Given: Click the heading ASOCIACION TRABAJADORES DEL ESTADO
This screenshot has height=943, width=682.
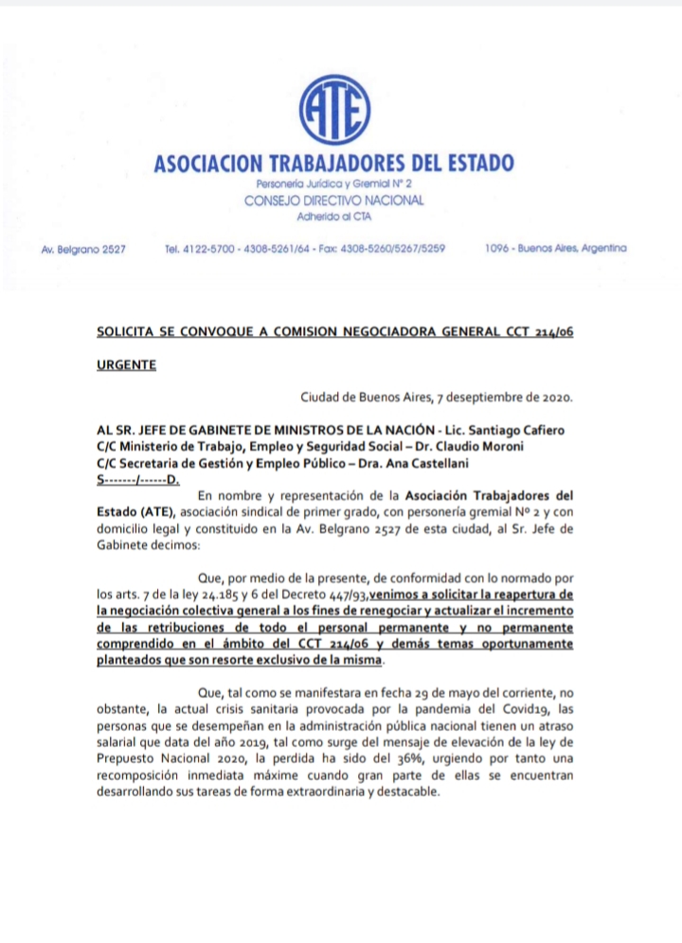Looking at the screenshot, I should pos(333,163).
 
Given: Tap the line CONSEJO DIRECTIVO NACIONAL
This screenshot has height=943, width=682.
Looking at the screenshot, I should pos(333,201).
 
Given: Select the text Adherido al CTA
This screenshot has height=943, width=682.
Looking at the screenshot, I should pos(333,217).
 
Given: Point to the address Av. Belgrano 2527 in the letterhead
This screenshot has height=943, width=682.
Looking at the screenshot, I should pos(84,249).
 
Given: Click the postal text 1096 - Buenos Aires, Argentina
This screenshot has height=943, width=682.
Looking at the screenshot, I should pos(555,248).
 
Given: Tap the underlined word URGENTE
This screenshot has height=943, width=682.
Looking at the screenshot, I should pos(126,364).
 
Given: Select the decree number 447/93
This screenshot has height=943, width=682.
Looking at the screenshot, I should pos(343,595).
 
